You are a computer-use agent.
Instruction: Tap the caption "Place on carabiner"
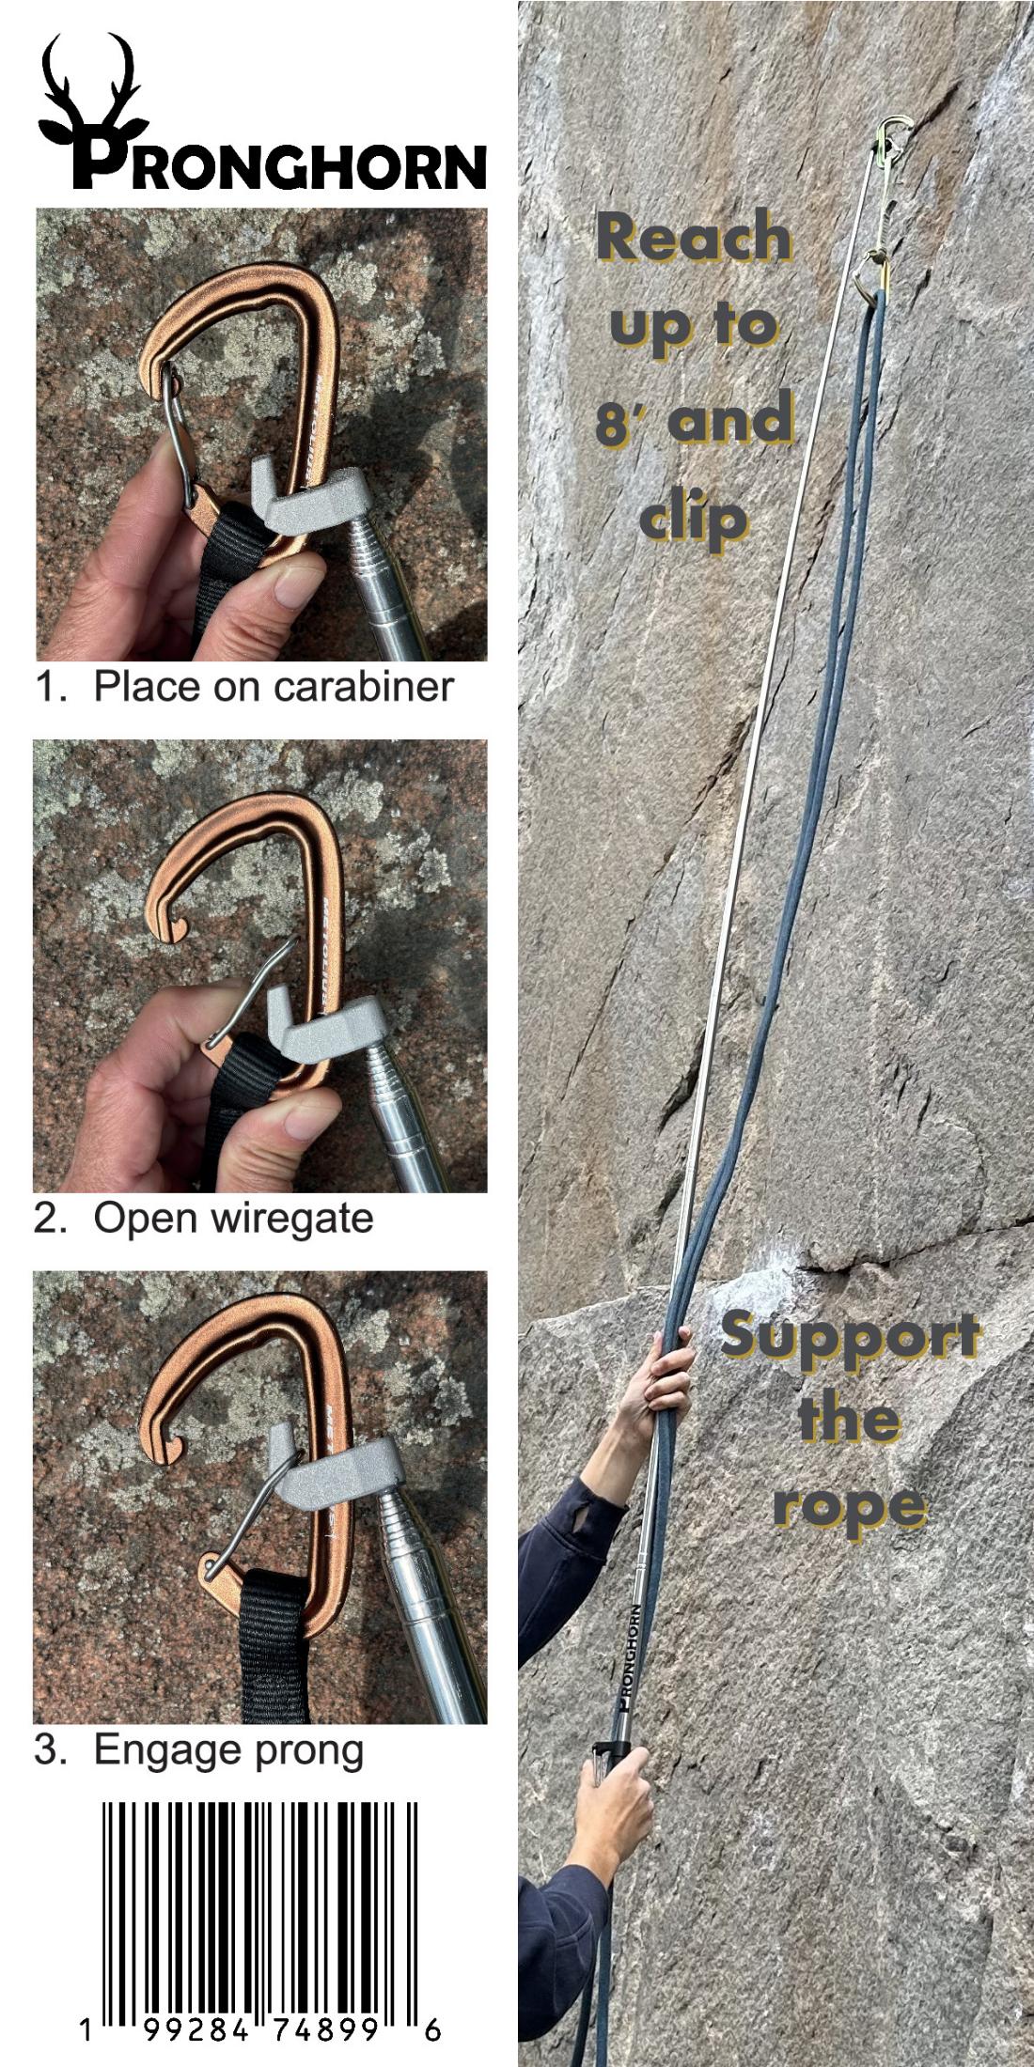pos(274,686)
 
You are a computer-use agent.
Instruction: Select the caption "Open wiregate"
pos(234,1219)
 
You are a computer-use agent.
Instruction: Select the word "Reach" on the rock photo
pos(694,237)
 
